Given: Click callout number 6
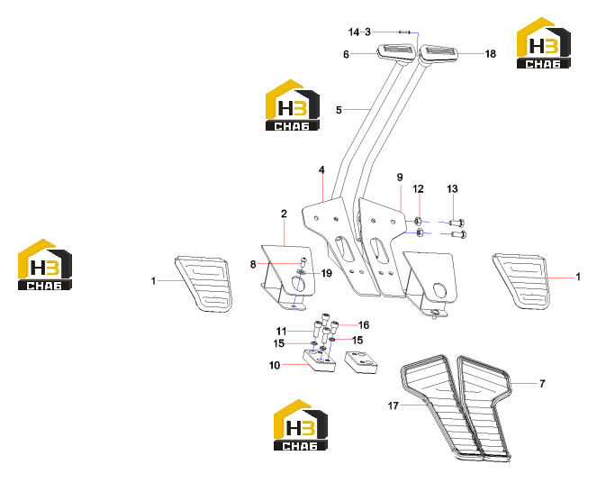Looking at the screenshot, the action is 346,54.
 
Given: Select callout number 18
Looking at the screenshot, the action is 491,54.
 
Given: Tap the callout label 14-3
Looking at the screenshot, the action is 359,32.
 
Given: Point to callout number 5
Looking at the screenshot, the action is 339,110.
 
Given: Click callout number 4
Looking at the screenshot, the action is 321,170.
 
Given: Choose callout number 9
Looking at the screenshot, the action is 400,178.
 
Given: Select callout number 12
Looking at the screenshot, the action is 418,189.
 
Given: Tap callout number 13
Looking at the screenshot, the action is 452,188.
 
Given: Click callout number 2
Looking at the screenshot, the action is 284,214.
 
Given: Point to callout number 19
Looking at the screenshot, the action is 327,273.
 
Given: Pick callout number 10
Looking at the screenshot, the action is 275,365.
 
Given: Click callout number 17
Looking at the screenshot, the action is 393,406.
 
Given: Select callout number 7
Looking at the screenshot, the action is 542,384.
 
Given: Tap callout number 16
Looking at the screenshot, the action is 364,325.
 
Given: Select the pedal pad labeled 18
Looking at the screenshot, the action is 439,52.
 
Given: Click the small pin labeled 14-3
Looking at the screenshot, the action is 403,32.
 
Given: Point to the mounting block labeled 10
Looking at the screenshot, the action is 320,360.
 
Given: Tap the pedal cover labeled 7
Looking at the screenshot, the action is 484,407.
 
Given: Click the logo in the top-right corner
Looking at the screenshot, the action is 543,42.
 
